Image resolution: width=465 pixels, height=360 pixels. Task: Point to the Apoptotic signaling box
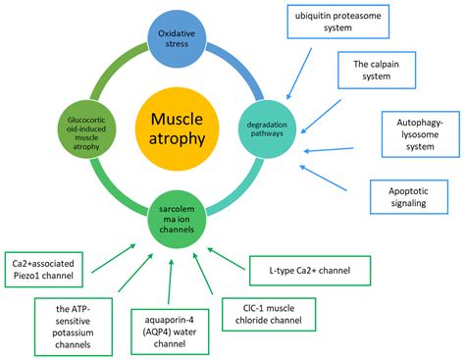click(x=405, y=196)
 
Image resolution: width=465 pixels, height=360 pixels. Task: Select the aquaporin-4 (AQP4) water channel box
click(x=169, y=334)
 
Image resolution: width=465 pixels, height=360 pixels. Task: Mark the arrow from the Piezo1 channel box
click(x=116, y=253)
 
